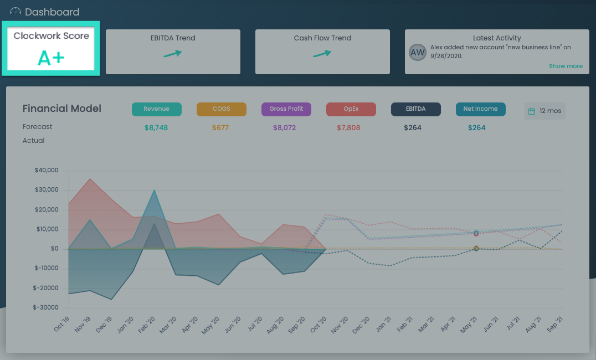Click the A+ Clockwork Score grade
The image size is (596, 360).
click(51, 58)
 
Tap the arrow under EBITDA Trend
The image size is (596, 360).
click(173, 54)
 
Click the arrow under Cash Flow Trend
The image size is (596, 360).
click(322, 54)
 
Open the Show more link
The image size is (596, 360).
click(566, 66)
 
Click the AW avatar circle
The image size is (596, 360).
click(418, 52)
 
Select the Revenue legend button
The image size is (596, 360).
click(156, 109)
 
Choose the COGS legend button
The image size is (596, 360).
click(221, 109)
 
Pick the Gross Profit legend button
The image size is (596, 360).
click(286, 109)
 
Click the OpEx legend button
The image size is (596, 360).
click(351, 109)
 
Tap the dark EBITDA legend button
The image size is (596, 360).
click(415, 109)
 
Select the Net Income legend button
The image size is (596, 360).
click(480, 109)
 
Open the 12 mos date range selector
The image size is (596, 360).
click(544, 111)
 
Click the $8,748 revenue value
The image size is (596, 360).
click(156, 128)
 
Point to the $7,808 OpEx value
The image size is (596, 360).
click(348, 128)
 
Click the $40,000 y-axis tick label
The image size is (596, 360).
click(46, 171)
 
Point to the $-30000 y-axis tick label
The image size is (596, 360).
click(45, 307)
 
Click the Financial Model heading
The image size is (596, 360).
click(62, 109)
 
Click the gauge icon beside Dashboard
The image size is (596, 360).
click(16, 12)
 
